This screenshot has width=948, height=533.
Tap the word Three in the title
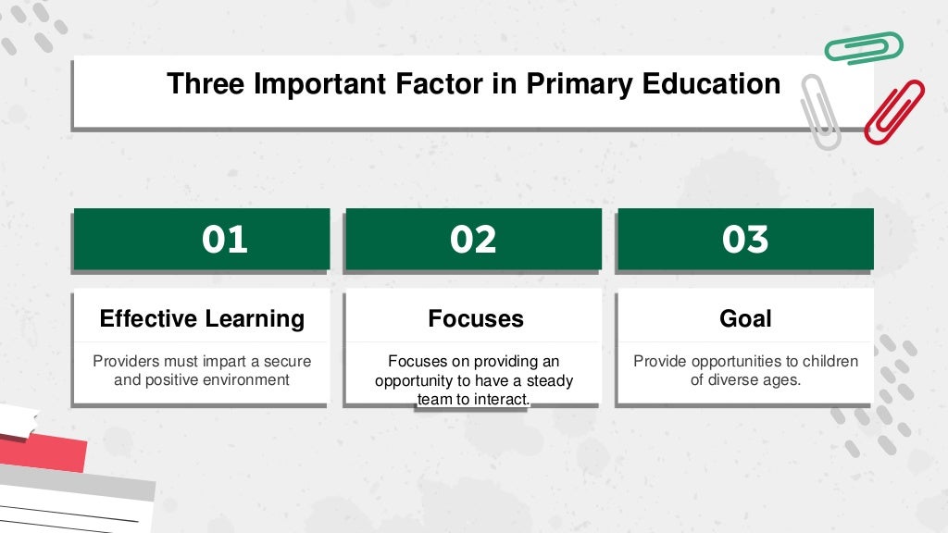[x=206, y=84]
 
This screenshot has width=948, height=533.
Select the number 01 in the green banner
[x=225, y=240]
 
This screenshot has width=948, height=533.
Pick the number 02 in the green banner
[x=473, y=240]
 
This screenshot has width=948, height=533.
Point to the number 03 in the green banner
[x=745, y=240]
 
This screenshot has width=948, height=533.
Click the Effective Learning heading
[x=202, y=319]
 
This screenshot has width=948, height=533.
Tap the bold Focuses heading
[x=475, y=319]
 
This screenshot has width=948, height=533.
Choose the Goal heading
[x=745, y=319]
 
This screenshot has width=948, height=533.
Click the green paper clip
[x=864, y=47]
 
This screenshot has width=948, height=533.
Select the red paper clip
[x=894, y=111]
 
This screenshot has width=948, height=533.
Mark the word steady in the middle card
[x=549, y=380]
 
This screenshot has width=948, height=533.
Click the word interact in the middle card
[x=498, y=399]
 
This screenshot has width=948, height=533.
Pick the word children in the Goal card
[x=829, y=361]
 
